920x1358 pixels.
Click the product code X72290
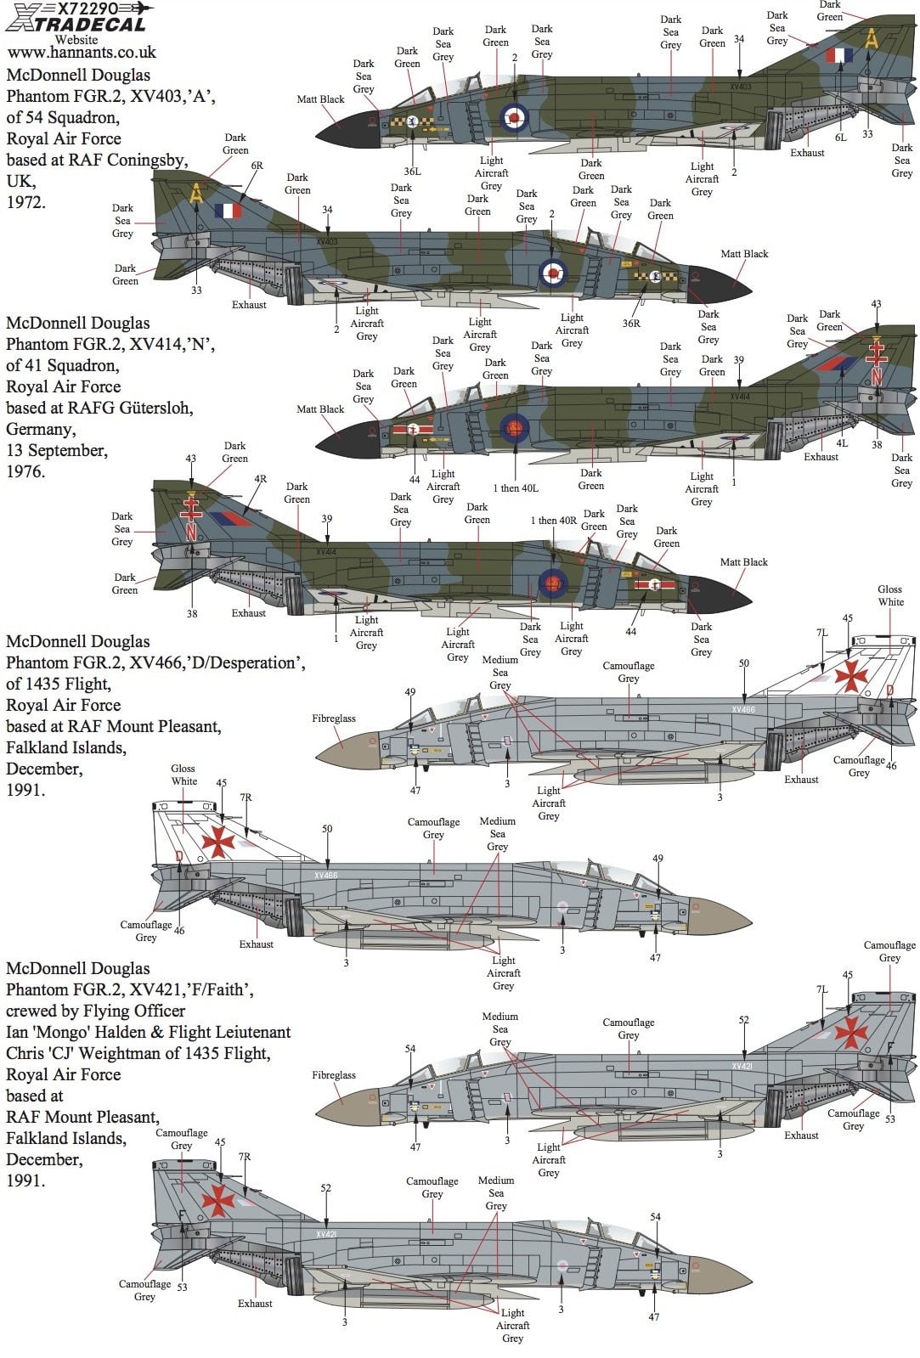click(87, 8)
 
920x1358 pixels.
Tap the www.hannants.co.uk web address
click(82, 53)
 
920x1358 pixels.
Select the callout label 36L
click(412, 172)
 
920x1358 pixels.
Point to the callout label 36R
click(631, 324)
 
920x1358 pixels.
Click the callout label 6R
click(257, 166)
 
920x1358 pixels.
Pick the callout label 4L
click(842, 443)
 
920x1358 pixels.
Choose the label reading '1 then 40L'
click(516, 488)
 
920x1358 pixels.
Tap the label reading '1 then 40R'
click(553, 521)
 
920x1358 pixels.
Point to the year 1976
click(25, 471)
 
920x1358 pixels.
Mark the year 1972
click(25, 202)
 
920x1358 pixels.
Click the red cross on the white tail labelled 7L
click(850, 675)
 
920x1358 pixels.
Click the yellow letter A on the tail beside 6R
click(197, 193)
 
